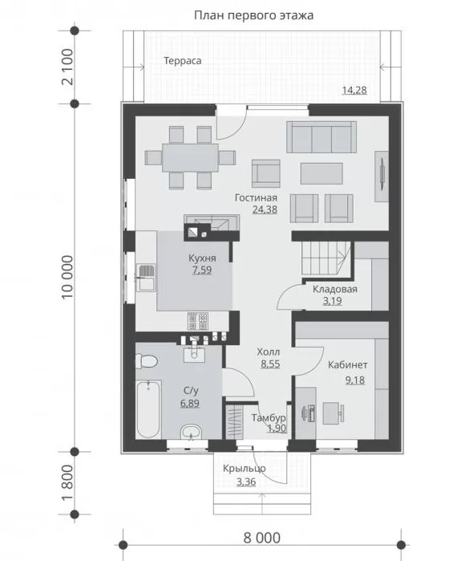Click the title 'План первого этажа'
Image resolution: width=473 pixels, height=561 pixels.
pyautogui.click(x=254, y=15)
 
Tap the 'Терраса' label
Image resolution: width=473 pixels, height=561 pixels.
pyautogui.click(x=182, y=61)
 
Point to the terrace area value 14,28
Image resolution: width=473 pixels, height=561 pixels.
pyautogui.click(x=354, y=90)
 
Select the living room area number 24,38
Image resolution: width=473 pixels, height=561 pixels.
pyautogui.click(x=265, y=209)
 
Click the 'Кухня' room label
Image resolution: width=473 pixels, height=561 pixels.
pyautogui.click(x=202, y=258)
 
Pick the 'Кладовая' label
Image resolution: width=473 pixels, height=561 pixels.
pyautogui.click(x=335, y=289)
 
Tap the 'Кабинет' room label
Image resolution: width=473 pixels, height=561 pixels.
pyautogui.click(x=347, y=365)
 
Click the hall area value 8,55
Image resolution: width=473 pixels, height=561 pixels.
pyautogui.click(x=270, y=364)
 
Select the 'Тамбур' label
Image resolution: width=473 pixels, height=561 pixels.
pyautogui.click(x=269, y=417)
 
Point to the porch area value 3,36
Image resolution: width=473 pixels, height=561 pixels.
pyautogui.click(x=246, y=482)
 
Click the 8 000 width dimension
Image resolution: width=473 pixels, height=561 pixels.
pyautogui.click(x=262, y=538)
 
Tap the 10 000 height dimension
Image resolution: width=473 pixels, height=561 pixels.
pyautogui.click(x=67, y=277)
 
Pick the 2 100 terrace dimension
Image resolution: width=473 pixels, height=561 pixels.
pyautogui.click(x=67, y=67)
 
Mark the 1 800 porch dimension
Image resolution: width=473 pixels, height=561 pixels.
pyautogui.click(x=67, y=482)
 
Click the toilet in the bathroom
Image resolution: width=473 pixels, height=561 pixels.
pyautogui.click(x=147, y=361)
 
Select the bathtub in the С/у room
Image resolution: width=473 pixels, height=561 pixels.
pyautogui.click(x=149, y=409)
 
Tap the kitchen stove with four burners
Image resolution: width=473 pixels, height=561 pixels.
pyautogui.click(x=198, y=321)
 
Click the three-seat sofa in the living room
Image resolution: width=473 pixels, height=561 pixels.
pyautogui.click(x=321, y=137)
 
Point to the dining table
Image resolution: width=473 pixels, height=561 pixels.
pyautogui.click(x=190, y=157)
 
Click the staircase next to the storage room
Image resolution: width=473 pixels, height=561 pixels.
pyautogui.click(x=325, y=258)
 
